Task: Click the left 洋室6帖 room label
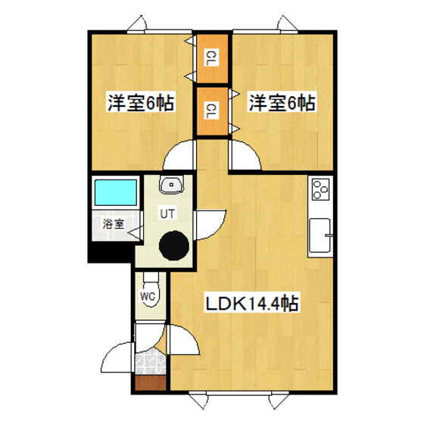(140, 102)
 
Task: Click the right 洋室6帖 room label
(281, 102)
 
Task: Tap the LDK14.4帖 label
(252, 304)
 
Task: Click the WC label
(148, 296)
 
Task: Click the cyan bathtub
(114, 193)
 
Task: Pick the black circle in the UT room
(173, 245)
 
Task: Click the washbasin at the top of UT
(173, 184)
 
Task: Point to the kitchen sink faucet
(329, 237)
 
